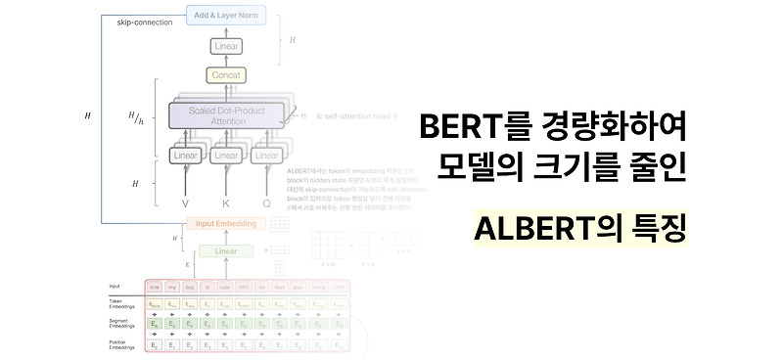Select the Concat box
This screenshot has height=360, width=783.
tap(226, 75)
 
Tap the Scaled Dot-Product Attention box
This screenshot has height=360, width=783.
tap(226, 116)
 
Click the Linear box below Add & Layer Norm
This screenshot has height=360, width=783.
tap(226, 46)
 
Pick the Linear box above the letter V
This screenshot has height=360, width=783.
tap(185, 156)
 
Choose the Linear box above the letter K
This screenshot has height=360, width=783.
tap(226, 156)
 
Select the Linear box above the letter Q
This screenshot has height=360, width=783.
tap(267, 156)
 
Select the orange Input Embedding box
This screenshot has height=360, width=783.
tap(226, 223)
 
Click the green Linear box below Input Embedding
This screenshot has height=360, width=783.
tap(226, 251)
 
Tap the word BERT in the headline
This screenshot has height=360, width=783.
tap(454, 126)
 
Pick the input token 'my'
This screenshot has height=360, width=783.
tap(172, 286)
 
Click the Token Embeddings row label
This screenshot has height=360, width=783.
tap(124, 302)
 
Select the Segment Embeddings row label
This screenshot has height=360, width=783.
tap(124, 324)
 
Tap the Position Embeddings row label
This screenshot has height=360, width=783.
tap(124, 343)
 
